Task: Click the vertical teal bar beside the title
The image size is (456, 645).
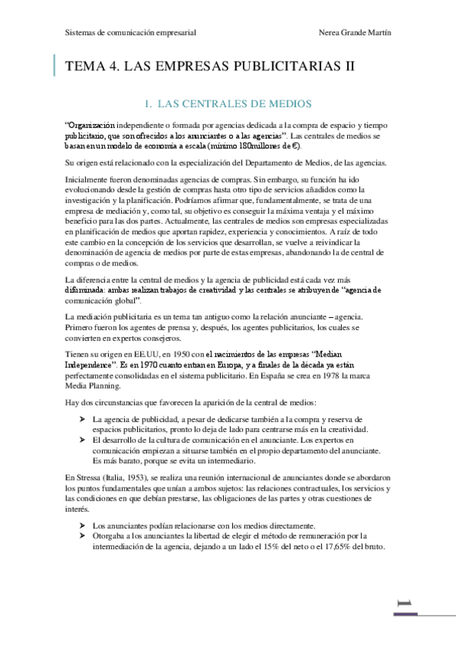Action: click(55, 66)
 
